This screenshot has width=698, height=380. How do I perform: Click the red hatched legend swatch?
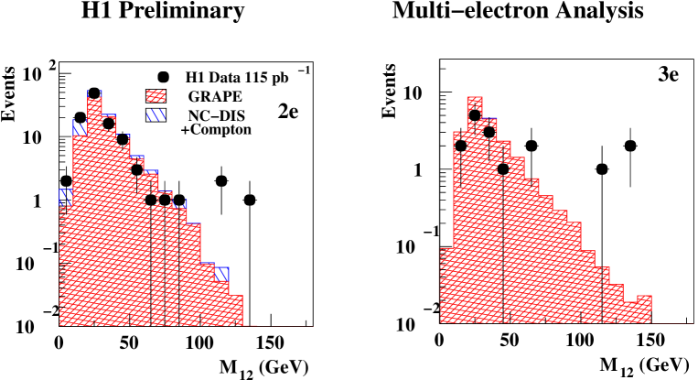click(x=156, y=95)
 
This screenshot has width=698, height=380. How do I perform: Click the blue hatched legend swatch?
click(x=156, y=115)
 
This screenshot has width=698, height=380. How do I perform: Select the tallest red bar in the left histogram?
click(x=94, y=211)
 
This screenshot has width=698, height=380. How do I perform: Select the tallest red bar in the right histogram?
click(x=475, y=211)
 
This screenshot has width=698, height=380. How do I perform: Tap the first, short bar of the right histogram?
click(x=446, y=286)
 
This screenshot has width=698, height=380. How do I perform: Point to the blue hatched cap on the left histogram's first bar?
click(x=66, y=197)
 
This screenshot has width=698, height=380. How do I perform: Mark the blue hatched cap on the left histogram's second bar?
click(x=80, y=126)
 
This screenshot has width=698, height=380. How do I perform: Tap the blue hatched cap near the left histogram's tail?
click(x=222, y=273)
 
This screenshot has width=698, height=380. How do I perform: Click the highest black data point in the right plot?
click(x=475, y=116)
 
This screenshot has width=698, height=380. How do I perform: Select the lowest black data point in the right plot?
click(x=503, y=168)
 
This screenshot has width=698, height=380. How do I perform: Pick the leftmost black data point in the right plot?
click(x=460, y=145)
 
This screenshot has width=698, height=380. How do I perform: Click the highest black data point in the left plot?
click(x=109, y=124)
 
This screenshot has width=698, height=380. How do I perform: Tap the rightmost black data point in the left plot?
click(x=165, y=199)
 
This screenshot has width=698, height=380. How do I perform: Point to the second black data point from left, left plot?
click(x=123, y=140)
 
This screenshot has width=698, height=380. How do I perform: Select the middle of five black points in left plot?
click(x=136, y=169)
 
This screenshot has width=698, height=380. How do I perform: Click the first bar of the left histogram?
click(x=66, y=266)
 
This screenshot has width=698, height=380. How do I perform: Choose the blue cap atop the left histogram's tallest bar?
click(x=94, y=93)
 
